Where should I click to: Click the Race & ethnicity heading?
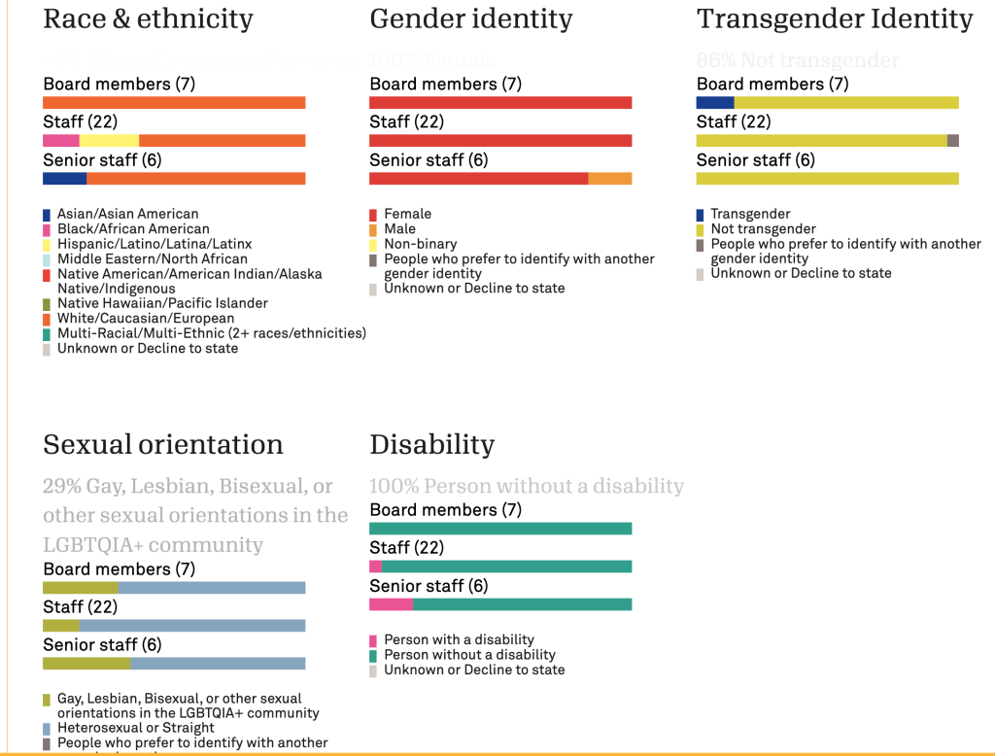tap(148, 18)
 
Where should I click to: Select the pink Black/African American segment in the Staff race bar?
tap(60, 141)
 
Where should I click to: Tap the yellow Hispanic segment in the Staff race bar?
tap(109, 141)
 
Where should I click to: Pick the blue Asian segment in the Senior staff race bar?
tap(64, 179)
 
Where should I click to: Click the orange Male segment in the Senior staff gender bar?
tap(610, 179)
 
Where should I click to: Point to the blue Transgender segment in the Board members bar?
tap(715, 103)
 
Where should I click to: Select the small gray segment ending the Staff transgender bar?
tap(953, 141)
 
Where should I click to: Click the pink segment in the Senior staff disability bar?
tap(391, 604)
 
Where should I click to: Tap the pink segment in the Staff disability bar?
tap(376, 567)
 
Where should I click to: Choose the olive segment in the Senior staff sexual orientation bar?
tap(86, 664)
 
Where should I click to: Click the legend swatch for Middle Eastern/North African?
tap(47, 259)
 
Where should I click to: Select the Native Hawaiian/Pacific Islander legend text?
tap(162, 303)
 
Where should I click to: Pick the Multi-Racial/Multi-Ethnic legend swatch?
tap(47, 334)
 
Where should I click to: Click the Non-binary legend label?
tap(420, 244)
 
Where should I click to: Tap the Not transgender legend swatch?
tap(701, 229)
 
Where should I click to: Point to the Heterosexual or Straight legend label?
tap(136, 728)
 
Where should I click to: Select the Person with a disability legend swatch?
tap(374, 640)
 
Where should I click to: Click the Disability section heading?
tap(431, 445)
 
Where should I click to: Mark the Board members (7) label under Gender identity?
tap(445, 85)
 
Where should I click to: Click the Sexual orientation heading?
tap(163, 445)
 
